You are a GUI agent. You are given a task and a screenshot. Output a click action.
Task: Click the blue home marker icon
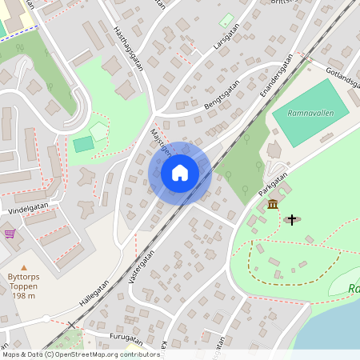pyautogui.click(x=180, y=172)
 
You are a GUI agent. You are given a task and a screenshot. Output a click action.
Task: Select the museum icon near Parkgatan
pyautogui.click(x=273, y=205)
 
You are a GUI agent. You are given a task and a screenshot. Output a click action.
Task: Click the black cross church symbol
pyautogui.click(x=292, y=218)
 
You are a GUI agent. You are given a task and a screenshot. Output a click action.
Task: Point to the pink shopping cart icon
pyautogui.click(x=10, y=234)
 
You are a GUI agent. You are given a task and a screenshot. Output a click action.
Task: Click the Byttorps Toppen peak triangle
pyautogui.click(x=23, y=267)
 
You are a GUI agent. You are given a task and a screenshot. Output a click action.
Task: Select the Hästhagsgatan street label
pyautogui.click(x=128, y=46)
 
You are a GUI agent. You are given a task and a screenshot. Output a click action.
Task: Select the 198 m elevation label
pyautogui.click(x=23, y=294)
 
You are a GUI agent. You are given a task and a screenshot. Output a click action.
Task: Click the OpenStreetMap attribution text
pyautogui.click(x=80, y=354)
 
